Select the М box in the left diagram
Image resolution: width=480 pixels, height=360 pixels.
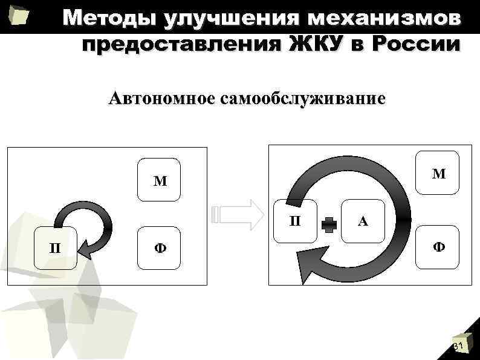pyautogui.click(x=160, y=180)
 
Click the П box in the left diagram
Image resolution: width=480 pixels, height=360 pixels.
pyautogui.click(x=55, y=248)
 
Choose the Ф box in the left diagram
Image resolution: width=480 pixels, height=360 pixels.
pyautogui.click(x=160, y=248)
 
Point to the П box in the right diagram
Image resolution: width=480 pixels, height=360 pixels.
pyautogui.click(x=295, y=221)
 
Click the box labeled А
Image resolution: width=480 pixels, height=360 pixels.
pyautogui.click(x=362, y=221)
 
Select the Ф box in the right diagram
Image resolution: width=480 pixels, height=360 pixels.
pyautogui.click(x=438, y=247)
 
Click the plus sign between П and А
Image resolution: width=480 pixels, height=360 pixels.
pyautogui.click(x=329, y=224)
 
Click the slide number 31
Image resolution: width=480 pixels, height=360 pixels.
pyautogui.click(x=458, y=346)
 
